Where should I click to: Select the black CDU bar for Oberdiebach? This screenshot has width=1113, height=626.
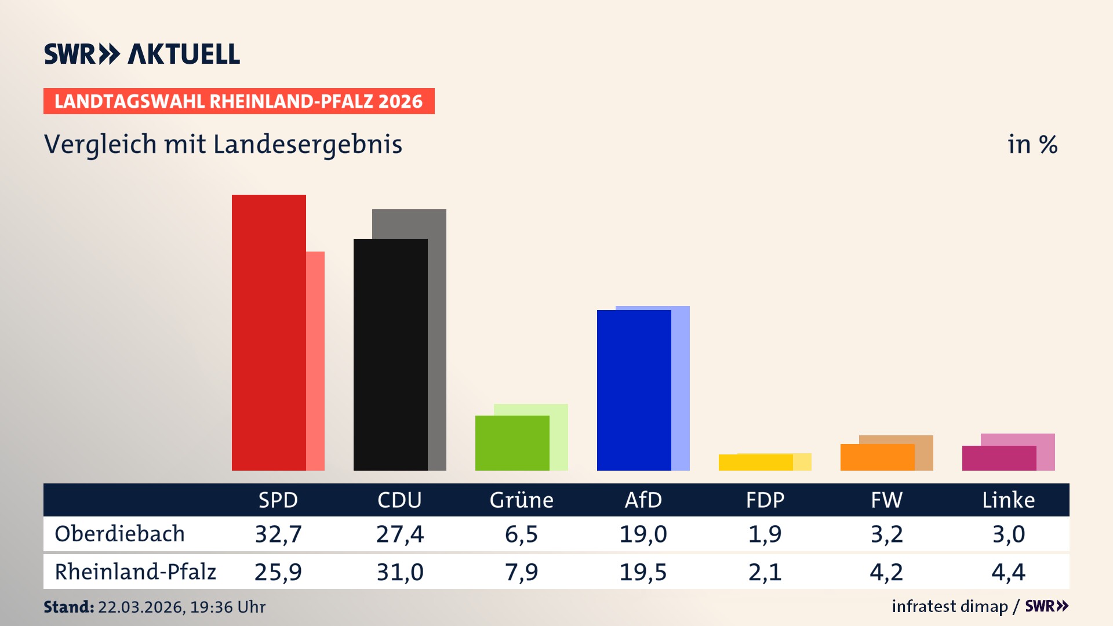[x=390, y=354]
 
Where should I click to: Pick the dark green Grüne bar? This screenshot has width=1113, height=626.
[x=512, y=443]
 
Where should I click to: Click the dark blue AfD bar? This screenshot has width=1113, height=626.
[x=634, y=390]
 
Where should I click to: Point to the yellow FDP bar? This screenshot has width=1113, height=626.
[x=755, y=463]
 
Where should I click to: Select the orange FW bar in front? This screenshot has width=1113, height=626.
[x=877, y=457]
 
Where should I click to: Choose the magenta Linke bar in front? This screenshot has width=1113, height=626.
[x=999, y=458]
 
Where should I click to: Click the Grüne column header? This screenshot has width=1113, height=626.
[x=521, y=500]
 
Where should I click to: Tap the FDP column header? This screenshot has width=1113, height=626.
[x=765, y=500]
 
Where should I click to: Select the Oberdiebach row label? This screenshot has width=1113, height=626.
[x=119, y=534]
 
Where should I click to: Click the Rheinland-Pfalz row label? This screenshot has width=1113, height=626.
[x=135, y=572]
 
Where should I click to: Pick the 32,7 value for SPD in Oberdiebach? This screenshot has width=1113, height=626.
[x=278, y=534]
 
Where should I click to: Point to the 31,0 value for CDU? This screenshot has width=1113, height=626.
[x=400, y=572]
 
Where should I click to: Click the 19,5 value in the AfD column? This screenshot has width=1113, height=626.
[x=643, y=572]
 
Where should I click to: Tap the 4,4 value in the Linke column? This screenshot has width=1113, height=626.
[x=1008, y=572]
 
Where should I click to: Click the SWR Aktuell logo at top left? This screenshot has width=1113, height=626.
[x=142, y=54]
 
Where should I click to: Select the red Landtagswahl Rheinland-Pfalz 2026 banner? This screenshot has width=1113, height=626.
[x=239, y=101]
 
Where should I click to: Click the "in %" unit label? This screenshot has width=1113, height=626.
[x=1032, y=144]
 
